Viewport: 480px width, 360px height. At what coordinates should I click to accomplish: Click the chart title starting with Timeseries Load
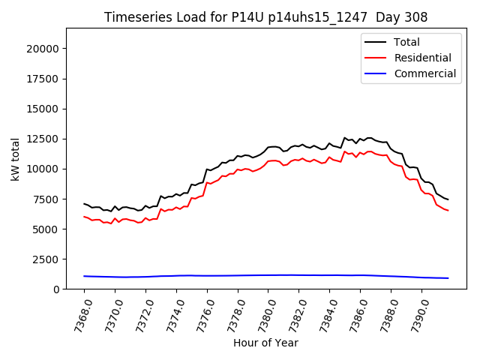pos(266,17)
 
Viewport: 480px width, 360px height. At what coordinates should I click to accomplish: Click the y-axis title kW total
pos(16,158)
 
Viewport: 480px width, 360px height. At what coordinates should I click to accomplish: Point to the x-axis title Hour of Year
pos(265,343)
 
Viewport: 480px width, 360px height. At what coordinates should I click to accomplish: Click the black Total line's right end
pos(448,199)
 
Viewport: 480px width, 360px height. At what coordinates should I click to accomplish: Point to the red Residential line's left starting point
pos(84,217)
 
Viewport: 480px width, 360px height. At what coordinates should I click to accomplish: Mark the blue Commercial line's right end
pos(448,278)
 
